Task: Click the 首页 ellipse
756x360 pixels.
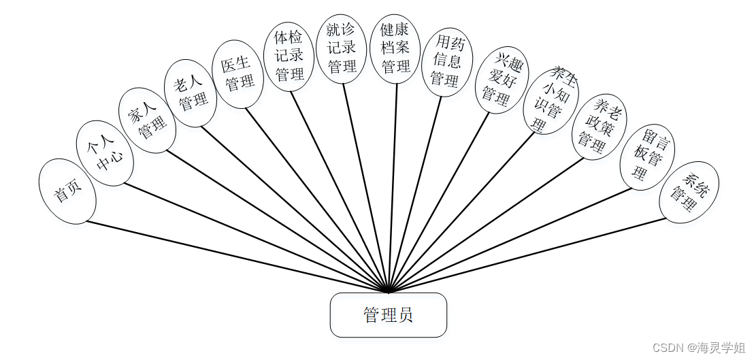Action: [x=67, y=191]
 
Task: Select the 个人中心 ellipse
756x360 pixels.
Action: [x=104, y=153]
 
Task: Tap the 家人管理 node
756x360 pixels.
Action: [x=147, y=119]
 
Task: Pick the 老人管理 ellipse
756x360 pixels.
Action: [x=191, y=93]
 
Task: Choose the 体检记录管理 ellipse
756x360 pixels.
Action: [x=289, y=56]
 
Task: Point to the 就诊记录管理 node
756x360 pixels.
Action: [x=342, y=48]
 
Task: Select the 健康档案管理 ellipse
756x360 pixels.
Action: [x=395, y=48]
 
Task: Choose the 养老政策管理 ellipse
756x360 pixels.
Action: [x=597, y=126]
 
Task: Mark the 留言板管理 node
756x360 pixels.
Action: [x=646, y=157]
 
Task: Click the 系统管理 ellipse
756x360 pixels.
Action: [x=689, y=192]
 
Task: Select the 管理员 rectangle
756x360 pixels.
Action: [x=389, y=315]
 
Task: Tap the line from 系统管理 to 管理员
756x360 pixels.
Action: [x=531, y=255]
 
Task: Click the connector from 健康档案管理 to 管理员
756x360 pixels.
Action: [x=393, y=184]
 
